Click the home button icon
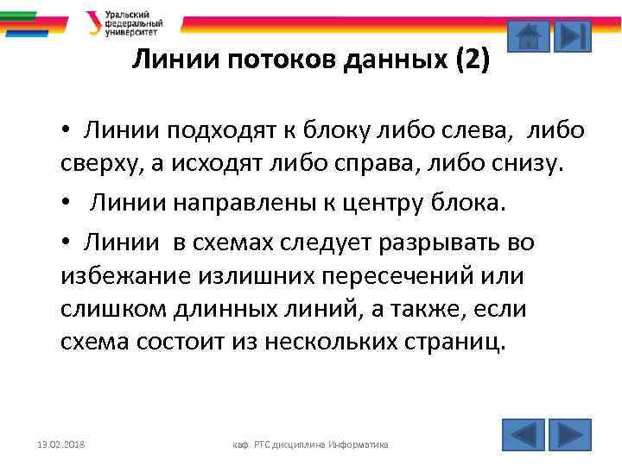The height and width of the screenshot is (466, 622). click(x=527, y=36)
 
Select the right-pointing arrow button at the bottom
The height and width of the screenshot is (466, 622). click(x=569, y=434)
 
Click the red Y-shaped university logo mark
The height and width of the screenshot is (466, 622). click(x=92, y=22)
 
